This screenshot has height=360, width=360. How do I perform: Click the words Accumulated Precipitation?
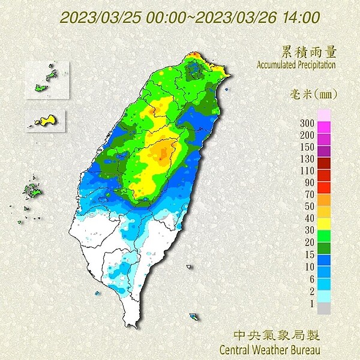(296, 64)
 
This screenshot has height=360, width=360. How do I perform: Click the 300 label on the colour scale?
(307, 123)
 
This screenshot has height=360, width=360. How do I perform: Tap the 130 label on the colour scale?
(307, 158)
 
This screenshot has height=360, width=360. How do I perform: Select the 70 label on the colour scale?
(308, 194)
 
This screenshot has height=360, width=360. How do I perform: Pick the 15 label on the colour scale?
(308, 254)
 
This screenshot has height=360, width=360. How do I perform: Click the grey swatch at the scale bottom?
(323, 307)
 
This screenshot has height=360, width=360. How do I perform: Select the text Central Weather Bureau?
(270, 349)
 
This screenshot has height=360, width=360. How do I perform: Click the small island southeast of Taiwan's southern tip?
(193, 316)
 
